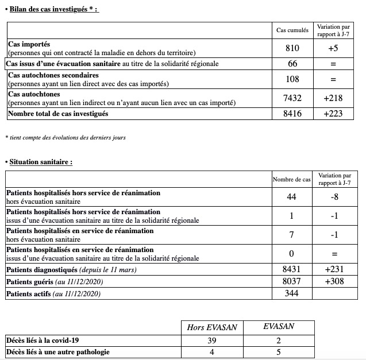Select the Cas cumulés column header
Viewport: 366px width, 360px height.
coord(292,30)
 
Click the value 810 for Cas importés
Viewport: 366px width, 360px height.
coord(292,49)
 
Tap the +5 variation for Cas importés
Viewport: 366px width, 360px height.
coord(333,49)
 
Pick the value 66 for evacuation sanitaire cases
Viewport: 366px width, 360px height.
coord(292,64)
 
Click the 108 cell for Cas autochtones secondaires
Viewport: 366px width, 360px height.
coord(292,79)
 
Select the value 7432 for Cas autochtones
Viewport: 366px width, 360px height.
coord(292,98)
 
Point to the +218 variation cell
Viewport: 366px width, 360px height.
coord(333,98)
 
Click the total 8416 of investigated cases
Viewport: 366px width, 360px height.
coord(292,114)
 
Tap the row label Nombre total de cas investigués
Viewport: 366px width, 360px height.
coord(57,114)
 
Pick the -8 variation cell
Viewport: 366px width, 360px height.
coord(334,197)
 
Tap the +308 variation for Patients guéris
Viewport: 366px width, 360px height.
coord(334,281)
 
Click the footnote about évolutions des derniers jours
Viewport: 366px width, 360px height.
coord(65,137)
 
